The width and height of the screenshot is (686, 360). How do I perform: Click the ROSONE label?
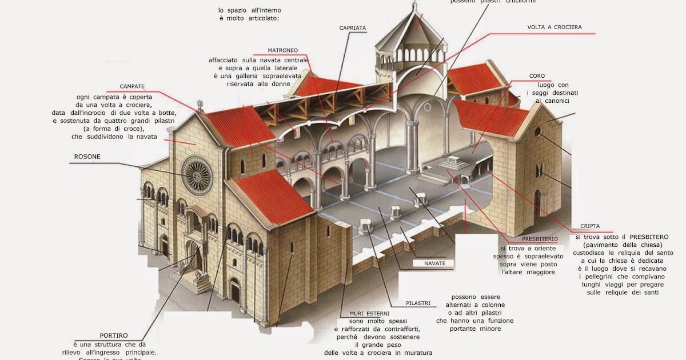(87, 157)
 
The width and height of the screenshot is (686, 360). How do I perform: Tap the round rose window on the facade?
(197, 175)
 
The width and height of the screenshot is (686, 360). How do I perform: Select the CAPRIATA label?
(352, 27)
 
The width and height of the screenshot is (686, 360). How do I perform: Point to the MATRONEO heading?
(282, 50)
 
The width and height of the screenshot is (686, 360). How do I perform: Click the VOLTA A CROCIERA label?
(554, 27)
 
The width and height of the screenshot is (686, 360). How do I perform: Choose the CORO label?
(537, 75)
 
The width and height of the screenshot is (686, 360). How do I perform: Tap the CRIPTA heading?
(589, 226)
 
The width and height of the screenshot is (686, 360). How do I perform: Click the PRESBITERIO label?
(540, 239)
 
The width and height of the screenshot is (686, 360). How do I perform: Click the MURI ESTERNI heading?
(369, 314)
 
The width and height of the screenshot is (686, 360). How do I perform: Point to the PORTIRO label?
(114, 335)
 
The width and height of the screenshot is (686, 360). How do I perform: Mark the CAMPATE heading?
(132, 86)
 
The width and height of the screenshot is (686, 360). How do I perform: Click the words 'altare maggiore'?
(528, 272)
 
